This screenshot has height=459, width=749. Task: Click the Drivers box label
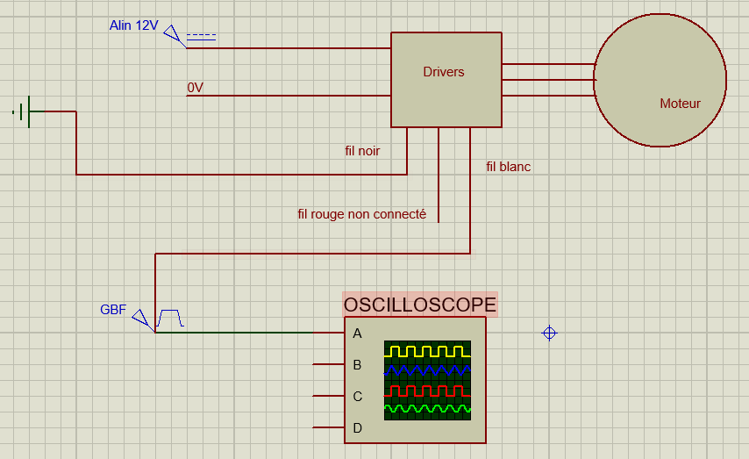[x=443, y=72]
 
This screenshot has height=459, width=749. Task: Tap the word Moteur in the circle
[x=680, y=104]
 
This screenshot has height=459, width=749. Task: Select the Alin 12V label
[x=133, y=25]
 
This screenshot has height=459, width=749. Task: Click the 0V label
[x=195, y=88]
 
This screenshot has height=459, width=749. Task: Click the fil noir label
[x=362, y=151]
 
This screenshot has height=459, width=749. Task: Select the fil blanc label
[x=509, y=167]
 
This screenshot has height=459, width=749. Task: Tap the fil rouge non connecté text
[x=361, y=214]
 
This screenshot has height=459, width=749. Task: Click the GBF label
[x=113, y=309]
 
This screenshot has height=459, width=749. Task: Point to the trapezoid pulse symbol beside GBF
[x=170, y=318]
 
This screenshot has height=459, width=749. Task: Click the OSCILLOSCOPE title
[x=420, y=305]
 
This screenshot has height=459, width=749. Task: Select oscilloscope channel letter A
[x=357, y=333]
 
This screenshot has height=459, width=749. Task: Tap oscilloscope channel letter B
[x=357, y=365]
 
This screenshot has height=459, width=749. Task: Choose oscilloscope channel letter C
[x=357, y=397]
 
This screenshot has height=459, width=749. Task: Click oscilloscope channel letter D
[x=357, y=428]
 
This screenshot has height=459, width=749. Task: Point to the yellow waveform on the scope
[x=427, y=352]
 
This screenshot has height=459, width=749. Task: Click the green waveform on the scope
[x=427, y=409]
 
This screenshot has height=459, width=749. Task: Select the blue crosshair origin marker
[x=549, y=333]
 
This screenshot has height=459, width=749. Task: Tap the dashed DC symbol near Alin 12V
[x=201, y=37]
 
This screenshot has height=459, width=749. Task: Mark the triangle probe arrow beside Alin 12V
[x=172, y=34]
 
